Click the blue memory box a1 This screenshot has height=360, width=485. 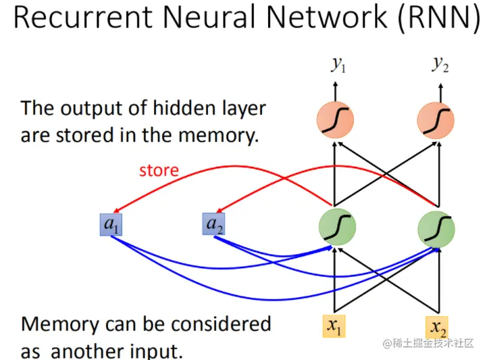111,224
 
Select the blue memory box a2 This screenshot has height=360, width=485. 213,224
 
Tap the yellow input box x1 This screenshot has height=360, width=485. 334,326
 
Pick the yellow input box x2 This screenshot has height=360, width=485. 437,327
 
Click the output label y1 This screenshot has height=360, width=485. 338,64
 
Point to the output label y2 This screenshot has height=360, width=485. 440,64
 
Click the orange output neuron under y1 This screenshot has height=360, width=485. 335,120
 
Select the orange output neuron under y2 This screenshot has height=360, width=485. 436,120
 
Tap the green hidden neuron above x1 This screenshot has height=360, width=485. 338,227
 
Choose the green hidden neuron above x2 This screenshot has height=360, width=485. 436,229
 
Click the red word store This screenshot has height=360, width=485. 159,170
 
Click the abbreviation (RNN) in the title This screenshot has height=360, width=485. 439,17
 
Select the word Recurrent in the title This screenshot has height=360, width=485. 84,17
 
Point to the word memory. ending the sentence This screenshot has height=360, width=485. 218,136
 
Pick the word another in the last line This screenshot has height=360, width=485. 88,351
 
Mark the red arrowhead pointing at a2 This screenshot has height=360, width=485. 220,209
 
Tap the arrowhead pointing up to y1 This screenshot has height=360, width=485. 335,84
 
